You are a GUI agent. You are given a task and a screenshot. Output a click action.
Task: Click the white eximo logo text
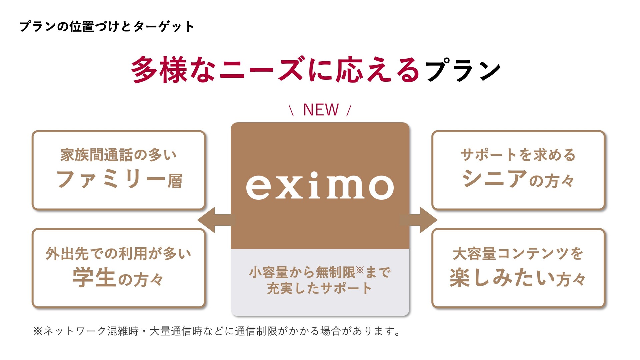coord(320,186)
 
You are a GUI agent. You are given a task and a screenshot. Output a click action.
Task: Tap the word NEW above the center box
coord(321,110)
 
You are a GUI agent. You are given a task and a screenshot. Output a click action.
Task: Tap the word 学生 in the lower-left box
coord(94,278)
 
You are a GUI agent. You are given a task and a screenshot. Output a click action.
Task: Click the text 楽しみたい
coord(502,278)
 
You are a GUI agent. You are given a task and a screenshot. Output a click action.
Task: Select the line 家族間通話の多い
coord(118,155)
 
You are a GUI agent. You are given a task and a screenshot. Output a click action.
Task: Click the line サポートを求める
coord(518,155)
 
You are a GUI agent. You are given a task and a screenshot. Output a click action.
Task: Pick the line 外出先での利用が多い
coord(118,254)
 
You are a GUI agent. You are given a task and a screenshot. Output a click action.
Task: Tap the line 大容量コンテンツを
coord(518,254)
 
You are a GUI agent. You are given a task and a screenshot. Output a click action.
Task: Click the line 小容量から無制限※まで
coord(320,272)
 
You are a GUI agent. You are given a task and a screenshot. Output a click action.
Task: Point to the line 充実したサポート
coord(319,288)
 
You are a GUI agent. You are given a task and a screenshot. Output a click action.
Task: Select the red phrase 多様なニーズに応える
coord(275,70)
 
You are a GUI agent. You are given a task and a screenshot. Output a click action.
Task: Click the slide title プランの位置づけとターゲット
coord(107,27)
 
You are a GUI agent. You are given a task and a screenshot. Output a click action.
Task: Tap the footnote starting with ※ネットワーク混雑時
coord(217,331)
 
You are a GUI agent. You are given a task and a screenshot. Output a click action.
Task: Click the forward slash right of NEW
coord(349,110)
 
